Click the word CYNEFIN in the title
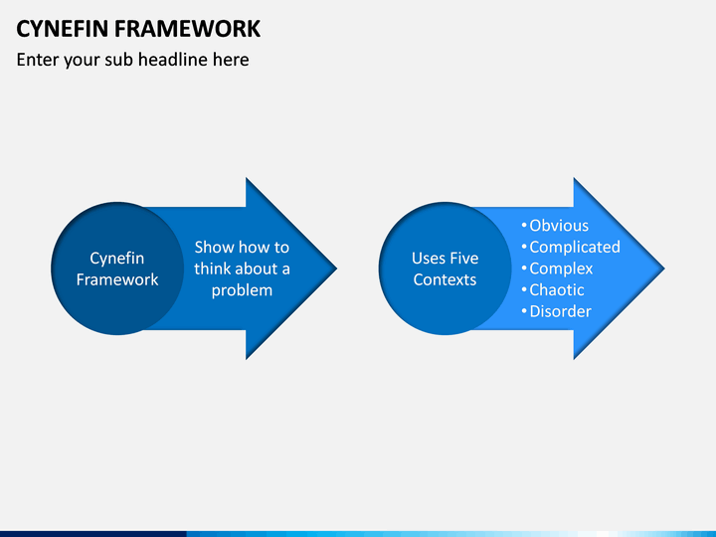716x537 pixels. [63, 29]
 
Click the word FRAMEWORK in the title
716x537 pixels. [187, 29]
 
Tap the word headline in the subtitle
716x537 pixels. [172, 60]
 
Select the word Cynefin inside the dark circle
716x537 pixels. [117, 259]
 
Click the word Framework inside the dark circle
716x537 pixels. [117, 279]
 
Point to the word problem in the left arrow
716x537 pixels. [242, 290]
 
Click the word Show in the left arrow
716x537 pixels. [214, 247]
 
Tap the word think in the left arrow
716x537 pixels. [213, 268]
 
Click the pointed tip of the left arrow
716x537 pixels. [336, 268]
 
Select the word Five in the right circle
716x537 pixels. [463, 258]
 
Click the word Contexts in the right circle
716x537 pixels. [445, 279]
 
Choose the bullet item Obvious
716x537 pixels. [559, 226]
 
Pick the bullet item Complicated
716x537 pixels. [575, 248]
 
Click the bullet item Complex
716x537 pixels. [561, 268]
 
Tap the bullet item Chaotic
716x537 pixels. [557, 290]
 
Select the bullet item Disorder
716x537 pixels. [560, 311]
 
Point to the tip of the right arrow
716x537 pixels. [664, 268]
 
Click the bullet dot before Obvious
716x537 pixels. [524, 225]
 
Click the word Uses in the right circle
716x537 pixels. [428, 258]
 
